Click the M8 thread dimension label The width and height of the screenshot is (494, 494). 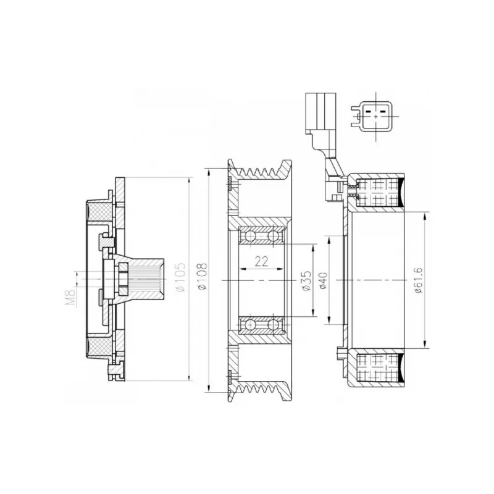click(x=72, y=297)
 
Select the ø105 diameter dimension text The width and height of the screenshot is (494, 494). click(x=180, y=277)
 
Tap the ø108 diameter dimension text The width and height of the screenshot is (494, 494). click(x=203, y=276)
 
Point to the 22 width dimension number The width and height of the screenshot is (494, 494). click(x=261, y=261)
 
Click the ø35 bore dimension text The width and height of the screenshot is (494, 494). click(x=306, y=280)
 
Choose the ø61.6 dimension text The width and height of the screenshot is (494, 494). click(x=419, y=280)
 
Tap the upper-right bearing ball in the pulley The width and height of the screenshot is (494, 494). click(x=273, y=236)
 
